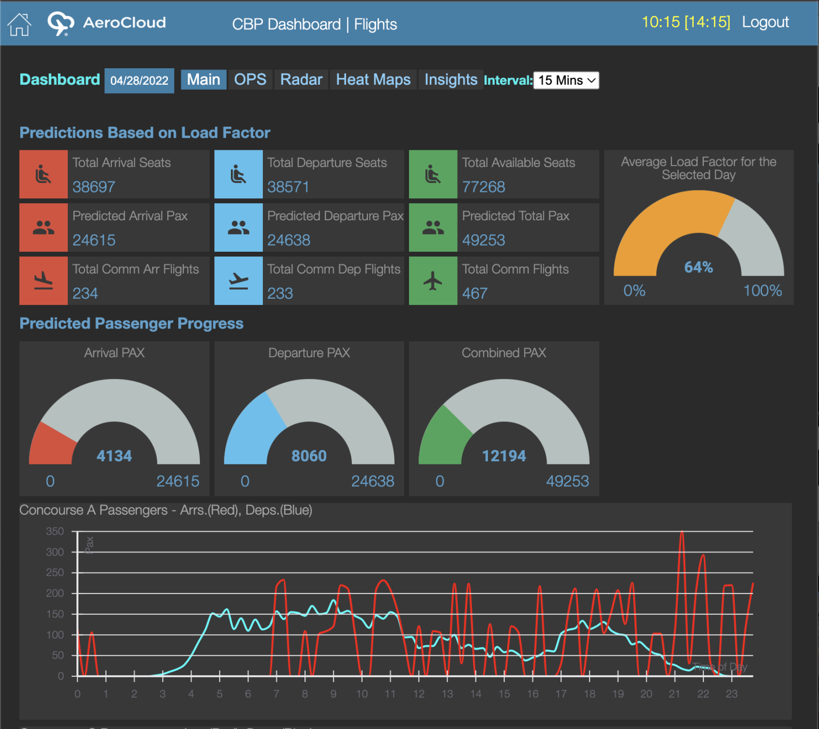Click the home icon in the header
(19, 24)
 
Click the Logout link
(765, 22)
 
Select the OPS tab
(250, 80)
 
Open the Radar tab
(301, 80)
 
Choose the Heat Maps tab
(373, 80)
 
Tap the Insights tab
(451, 80)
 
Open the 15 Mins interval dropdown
(566, 81)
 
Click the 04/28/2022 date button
(139, 81)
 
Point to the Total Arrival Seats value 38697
(94, 187)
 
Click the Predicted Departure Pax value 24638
(288, 240)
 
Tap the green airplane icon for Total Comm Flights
(433, 281)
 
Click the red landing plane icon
(44, 281)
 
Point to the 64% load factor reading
(698, 267)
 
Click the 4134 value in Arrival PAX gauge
(114, 456)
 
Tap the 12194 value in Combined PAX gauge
(504, 456)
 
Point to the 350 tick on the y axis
(55, 531)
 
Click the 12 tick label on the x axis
(419, 694)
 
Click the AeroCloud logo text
(124, 23)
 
